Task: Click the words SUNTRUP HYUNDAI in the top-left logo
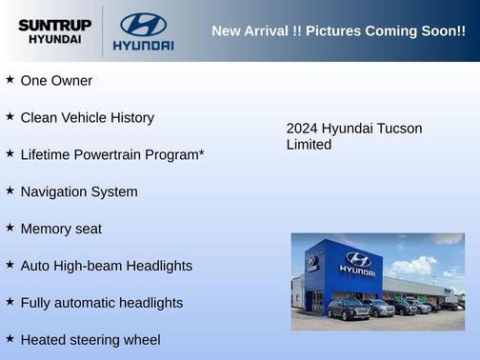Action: [x=54, y=31]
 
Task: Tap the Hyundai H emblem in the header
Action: [x=143, y=23]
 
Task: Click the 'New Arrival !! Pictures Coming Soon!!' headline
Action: [x=338, y=31]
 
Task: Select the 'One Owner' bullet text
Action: [x=56, y=81]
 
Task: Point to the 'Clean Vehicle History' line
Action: [x=87, y=118]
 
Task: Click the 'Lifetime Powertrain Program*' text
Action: [x=112, y=154]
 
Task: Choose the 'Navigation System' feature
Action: [x=79, y=191]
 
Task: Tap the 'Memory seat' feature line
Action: [x=61, y=229]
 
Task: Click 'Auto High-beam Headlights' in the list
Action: [x=106, y=266]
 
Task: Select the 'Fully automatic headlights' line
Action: [x=101, y=303]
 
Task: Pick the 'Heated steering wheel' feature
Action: [x=90, y=339]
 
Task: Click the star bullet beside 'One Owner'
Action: [x=10, y=80]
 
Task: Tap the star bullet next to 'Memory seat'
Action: [x=10, y=228]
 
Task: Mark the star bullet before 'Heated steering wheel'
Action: [x=10, y=338]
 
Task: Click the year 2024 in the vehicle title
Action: [x=302, y=129]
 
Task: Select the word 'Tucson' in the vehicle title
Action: [x=401, y=129]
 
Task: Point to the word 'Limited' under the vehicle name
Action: [x=309, y=145]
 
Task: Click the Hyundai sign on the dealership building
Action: [x=357, y=264]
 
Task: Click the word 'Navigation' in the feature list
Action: [x=53, y=191]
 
